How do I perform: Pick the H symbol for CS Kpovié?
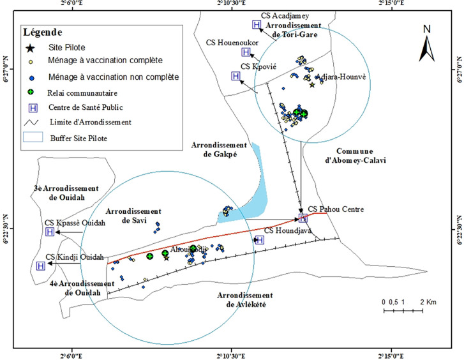pos(236,76)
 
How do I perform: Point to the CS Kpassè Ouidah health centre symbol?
pos(50,232)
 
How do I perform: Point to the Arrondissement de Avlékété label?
pos(244,299)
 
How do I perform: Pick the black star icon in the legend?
pos(29,47)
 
